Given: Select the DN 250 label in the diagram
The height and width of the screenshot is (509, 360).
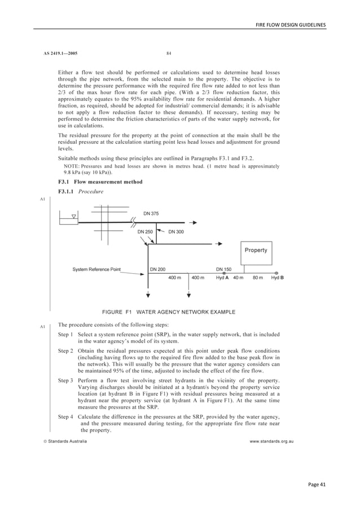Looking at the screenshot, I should pyautogui.click(x=146, y=231).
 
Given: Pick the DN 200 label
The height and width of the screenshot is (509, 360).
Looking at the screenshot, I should pyautogui.click(x=157, y=269).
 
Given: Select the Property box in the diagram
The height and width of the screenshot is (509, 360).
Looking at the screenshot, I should pyautogui.click(x=256, y=250).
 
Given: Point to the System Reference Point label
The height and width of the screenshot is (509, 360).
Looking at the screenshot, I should pyautogui.click(x=96, y=269).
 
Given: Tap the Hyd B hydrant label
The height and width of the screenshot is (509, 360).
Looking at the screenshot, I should pyautogui.click(x=277, y=278).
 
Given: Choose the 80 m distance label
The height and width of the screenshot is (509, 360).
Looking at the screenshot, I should pyautogui.click(x=257, y=278).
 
